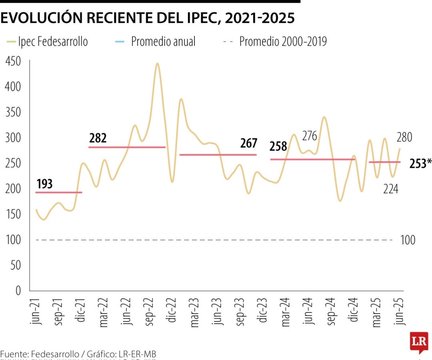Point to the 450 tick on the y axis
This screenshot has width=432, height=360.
pyautogui.click(x=13, y=61)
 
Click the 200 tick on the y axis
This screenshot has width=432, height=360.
pyautogui.click(x=13, y=189)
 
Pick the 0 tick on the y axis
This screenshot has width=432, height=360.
pyautogui.click(x=18, y=291)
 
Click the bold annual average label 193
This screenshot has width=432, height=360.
pyautogui.click(x=44, y=184)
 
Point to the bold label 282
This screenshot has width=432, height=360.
pyautogui.click(x=98, y=138)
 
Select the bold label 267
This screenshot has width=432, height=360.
pyautogui.click(x=248, y=143)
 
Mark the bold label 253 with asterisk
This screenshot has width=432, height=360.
pyautogui.click(x=420, y=163)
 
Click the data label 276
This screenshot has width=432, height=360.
pyautogui.click(x=309, y=136)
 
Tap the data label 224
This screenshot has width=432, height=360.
pyautogui.click(x=390, y=189)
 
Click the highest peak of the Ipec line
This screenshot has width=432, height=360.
pyautogui.click(x=157, y=64)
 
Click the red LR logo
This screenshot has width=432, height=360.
pyautogui.click(x=419, y=342)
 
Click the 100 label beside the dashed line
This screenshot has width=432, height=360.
pyautogui.click(x=408, y=240)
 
